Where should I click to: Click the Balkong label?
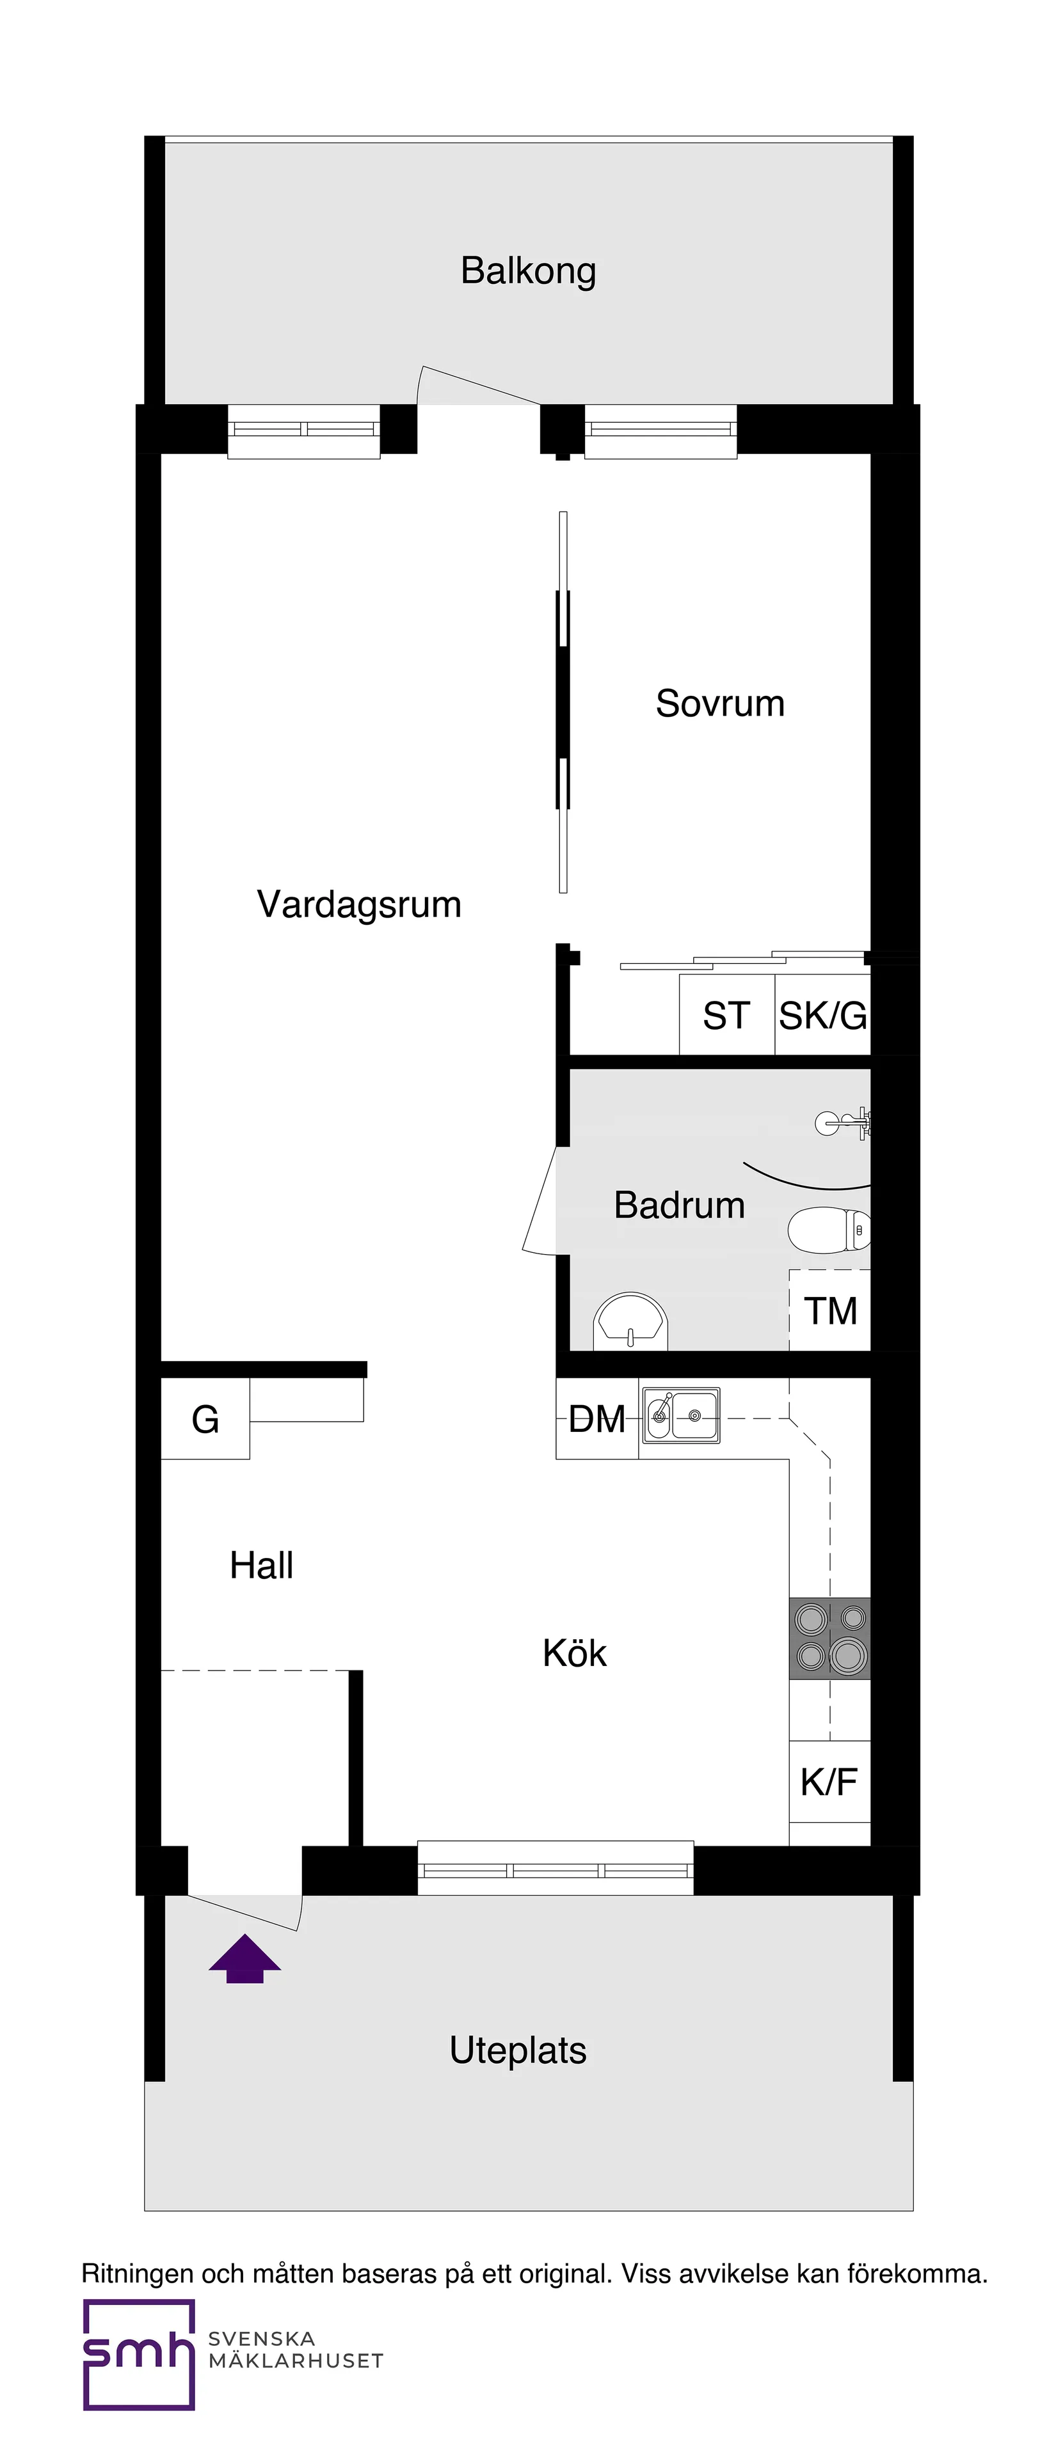pos(529,271)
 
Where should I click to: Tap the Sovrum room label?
pos(720,703)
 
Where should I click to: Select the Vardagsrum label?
pos(359,904)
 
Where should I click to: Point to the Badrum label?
pos(679,1205)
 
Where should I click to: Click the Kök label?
pos(574,1653)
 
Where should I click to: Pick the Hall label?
pos(261,1566)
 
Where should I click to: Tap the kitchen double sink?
pos(681,1415)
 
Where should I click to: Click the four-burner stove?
pos(829,1637)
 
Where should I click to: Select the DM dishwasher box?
pos(597,1419)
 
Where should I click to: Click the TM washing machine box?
pos(830,1310)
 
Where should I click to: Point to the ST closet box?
pos(726,1016)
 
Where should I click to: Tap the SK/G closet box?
pos(822,1016)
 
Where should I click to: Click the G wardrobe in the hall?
pos(205,1419)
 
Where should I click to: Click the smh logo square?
pos(139,2354)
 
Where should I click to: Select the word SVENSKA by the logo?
pos(261,2338)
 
